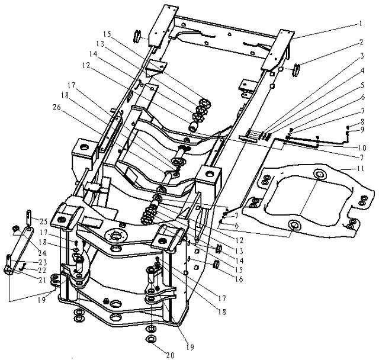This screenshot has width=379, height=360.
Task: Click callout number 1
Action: (x=361, y=24)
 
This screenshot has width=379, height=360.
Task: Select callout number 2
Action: (x=361, y=43)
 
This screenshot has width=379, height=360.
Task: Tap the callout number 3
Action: (x=362, y=56)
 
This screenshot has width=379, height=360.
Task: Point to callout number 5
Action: (x=362, y=85)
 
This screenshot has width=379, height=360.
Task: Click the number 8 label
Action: (x=362, y=121)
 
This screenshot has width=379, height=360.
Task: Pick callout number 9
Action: (x=362, y=130)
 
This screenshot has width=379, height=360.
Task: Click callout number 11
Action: (x=360, y=168)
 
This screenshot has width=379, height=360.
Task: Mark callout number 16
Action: (x=239, y=279)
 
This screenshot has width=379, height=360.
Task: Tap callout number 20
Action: (x=170, y=355)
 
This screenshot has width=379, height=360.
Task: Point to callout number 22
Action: (x=42, y=270)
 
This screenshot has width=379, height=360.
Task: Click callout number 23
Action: (x=42, y=262)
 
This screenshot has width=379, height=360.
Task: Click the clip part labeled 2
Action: (x=296, y=70)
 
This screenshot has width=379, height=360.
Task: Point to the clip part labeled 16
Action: (x=216, y=264)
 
